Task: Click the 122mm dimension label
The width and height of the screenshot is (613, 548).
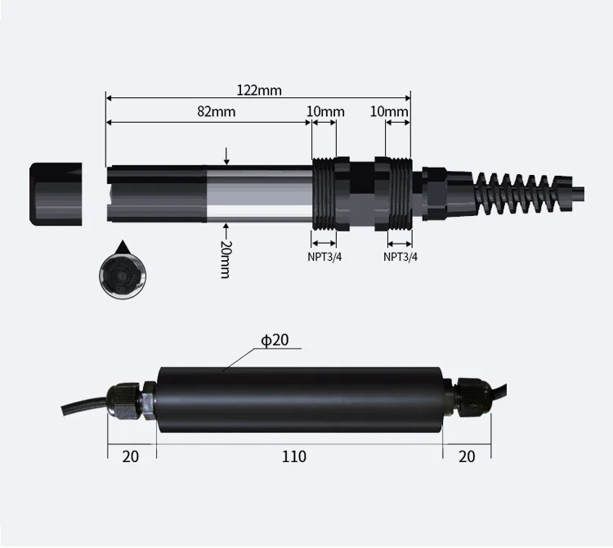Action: pos(259,90)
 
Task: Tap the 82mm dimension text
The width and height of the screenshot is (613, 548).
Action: pos(217,111)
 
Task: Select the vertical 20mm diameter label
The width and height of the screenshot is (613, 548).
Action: pos(226,259)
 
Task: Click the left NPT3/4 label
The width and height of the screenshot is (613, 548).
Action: pos(324,257)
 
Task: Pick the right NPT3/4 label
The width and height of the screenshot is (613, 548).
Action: pos(400,257)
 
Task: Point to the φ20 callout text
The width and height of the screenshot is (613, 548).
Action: pos(275,340)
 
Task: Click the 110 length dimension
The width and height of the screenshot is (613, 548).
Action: pos(294,456)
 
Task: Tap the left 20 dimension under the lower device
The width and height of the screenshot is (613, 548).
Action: pos(130,456)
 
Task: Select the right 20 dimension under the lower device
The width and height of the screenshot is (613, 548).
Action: pos(467,456)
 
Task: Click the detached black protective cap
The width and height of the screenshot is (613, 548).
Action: pos(56,194)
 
